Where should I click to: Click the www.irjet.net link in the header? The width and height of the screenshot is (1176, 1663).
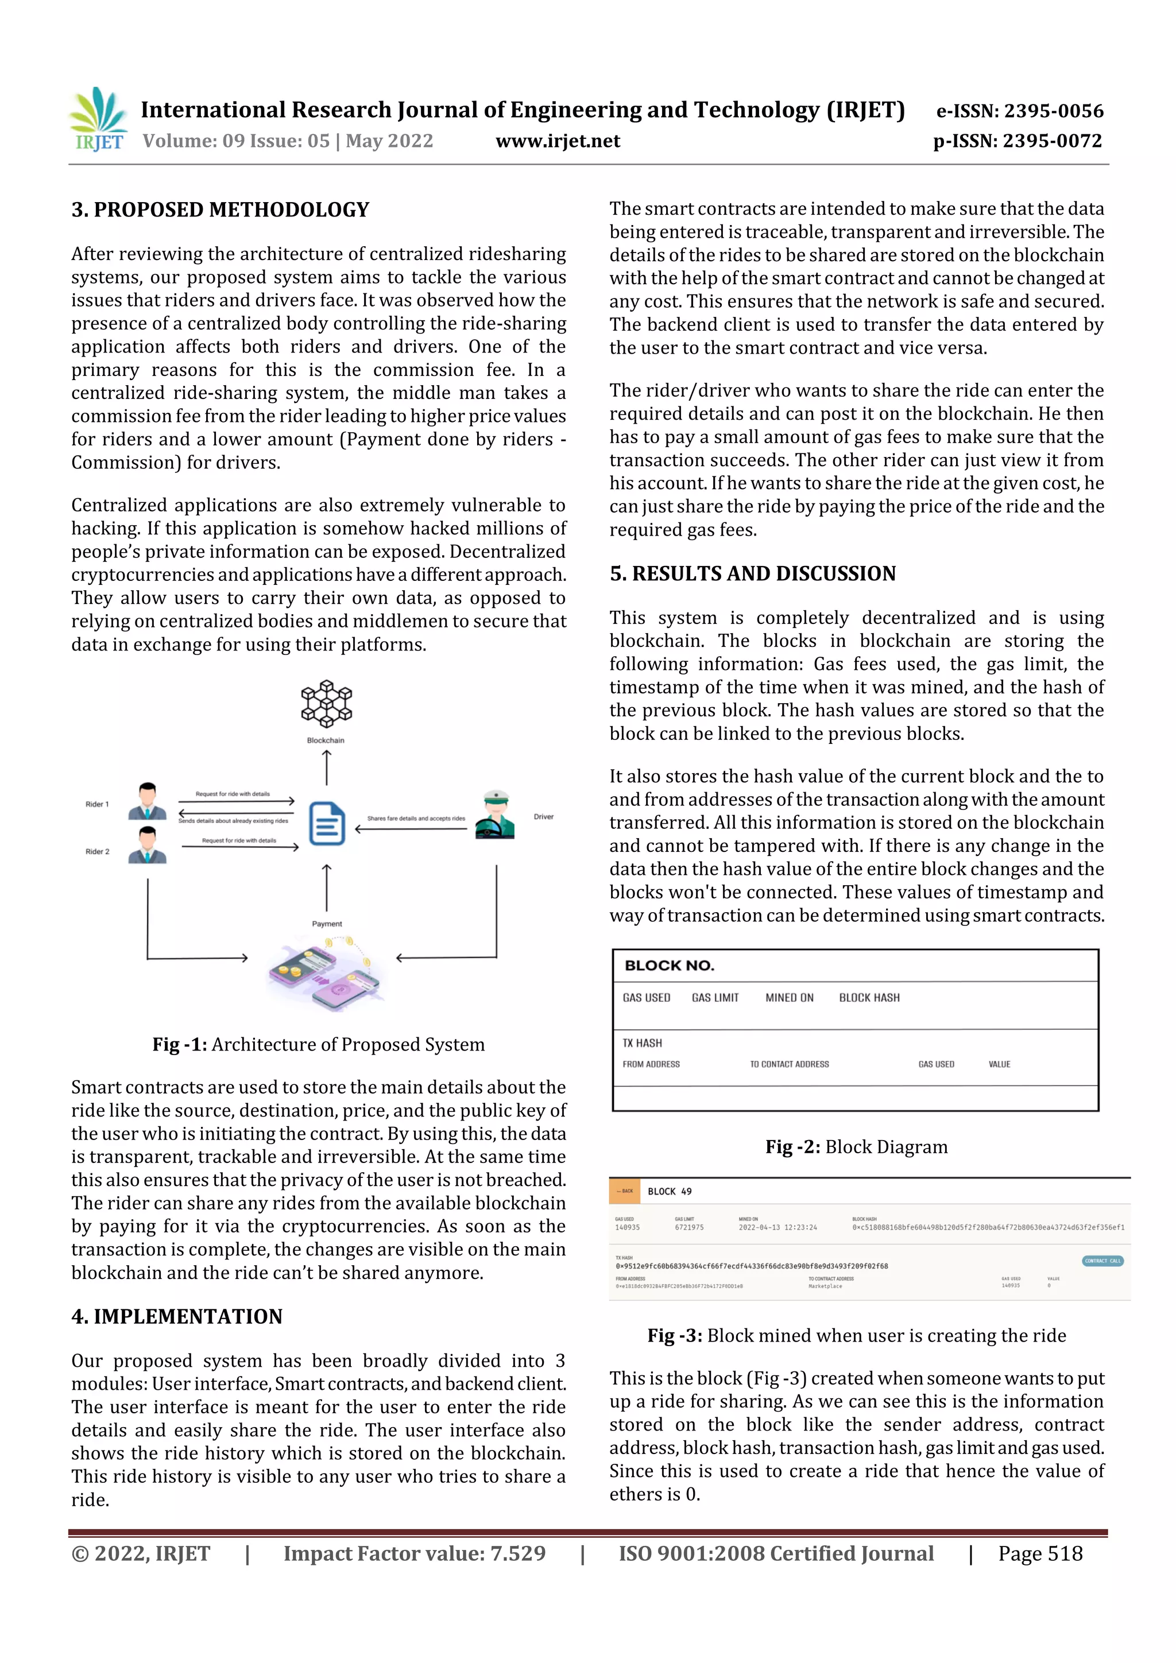[557, 141]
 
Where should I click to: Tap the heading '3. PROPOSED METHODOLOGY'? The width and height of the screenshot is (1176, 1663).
[220, 210]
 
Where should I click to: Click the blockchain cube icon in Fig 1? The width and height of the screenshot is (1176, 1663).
[327, 703]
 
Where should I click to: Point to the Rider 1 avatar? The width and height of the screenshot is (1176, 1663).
[147, 801]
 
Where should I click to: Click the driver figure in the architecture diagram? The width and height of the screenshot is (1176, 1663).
[495, 816]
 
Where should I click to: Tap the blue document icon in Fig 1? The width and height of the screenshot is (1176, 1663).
[327, 824]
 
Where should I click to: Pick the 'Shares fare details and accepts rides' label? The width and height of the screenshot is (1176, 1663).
[416, 819]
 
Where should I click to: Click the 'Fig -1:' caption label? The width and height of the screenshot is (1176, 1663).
[180, 1044]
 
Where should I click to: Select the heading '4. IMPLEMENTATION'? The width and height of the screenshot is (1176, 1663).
[177, 1316]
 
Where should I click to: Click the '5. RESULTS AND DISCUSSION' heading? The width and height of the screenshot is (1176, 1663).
[752, 573]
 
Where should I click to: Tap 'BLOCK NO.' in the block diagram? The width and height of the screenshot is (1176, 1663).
[669, 966]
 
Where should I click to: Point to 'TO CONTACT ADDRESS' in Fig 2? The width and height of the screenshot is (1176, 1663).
[789, 1064]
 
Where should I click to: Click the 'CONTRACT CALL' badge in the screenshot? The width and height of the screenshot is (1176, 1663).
[1102, 1261]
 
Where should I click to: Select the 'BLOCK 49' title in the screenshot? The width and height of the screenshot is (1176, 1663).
[670, 1192]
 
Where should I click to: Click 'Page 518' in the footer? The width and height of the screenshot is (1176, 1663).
[1040, 1553]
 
